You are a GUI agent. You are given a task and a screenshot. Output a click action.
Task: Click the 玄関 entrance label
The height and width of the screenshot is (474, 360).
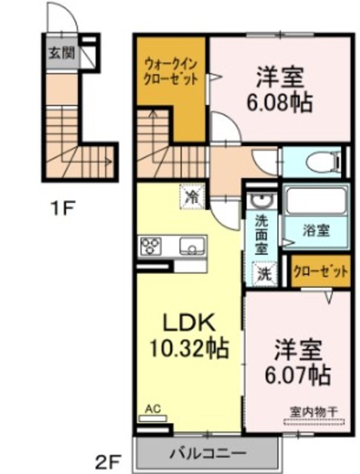click(61, 53)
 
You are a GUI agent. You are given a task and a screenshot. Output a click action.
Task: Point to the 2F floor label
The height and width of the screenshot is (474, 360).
click(108, 462)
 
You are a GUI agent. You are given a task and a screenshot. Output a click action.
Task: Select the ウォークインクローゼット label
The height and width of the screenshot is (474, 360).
click(171, 72)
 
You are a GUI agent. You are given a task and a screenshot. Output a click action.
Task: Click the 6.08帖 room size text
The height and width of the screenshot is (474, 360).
click(279, 102)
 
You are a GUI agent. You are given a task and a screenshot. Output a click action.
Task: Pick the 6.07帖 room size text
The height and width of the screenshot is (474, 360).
click(298, 375)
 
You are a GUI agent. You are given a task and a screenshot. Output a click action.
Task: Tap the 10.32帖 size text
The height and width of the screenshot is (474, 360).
click(189, 348)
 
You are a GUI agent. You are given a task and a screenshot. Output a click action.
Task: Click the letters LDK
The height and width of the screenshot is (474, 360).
click(189, 322)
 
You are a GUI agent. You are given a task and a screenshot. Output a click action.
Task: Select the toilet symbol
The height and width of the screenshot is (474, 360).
click(323, 162)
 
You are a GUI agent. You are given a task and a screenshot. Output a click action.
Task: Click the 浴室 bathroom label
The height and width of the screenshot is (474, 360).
click(316, 232)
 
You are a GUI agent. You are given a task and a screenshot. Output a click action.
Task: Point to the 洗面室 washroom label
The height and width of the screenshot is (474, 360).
click(261, 234)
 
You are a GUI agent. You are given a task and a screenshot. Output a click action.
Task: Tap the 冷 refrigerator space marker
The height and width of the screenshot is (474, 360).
click(193, 197)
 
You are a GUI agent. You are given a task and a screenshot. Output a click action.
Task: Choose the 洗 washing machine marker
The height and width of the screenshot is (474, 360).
click(264, 274)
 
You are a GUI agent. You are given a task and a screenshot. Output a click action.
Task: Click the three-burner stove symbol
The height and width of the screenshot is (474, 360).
click(150, 247)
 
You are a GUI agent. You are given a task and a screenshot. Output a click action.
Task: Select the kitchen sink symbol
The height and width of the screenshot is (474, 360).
click(193, 247)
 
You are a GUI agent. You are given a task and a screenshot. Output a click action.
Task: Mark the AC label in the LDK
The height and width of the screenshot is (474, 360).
click(153, 410)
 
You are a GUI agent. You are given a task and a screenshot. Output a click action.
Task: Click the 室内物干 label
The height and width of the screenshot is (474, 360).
click(313, 412)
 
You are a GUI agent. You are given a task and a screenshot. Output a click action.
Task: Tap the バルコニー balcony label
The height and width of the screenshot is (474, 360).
click(207, 453)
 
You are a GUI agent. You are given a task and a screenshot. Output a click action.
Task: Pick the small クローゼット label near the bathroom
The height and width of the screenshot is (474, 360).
click(321, 272)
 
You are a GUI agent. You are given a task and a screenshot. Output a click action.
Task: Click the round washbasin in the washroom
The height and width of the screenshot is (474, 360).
click(261, 200)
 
